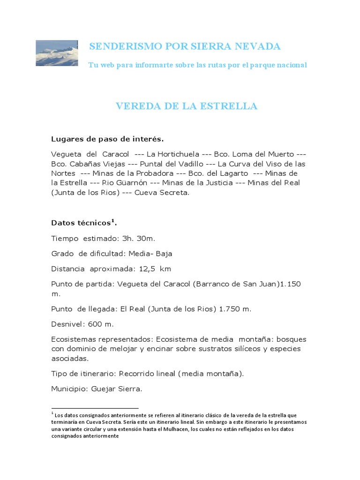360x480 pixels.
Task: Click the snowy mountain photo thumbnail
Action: [x=57, y=53]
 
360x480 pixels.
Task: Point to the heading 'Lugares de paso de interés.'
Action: [x=107, y=139]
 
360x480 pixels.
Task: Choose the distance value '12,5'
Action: [x=147, y=269]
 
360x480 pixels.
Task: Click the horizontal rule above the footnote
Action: [x=95, y=408]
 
